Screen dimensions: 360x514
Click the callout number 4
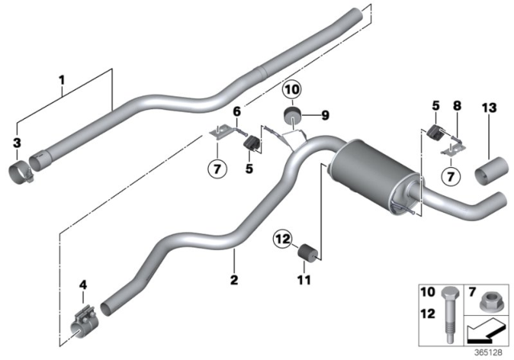[84, 284]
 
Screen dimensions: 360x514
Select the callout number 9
[325, 116]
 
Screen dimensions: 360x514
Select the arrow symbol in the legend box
[484, 330]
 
